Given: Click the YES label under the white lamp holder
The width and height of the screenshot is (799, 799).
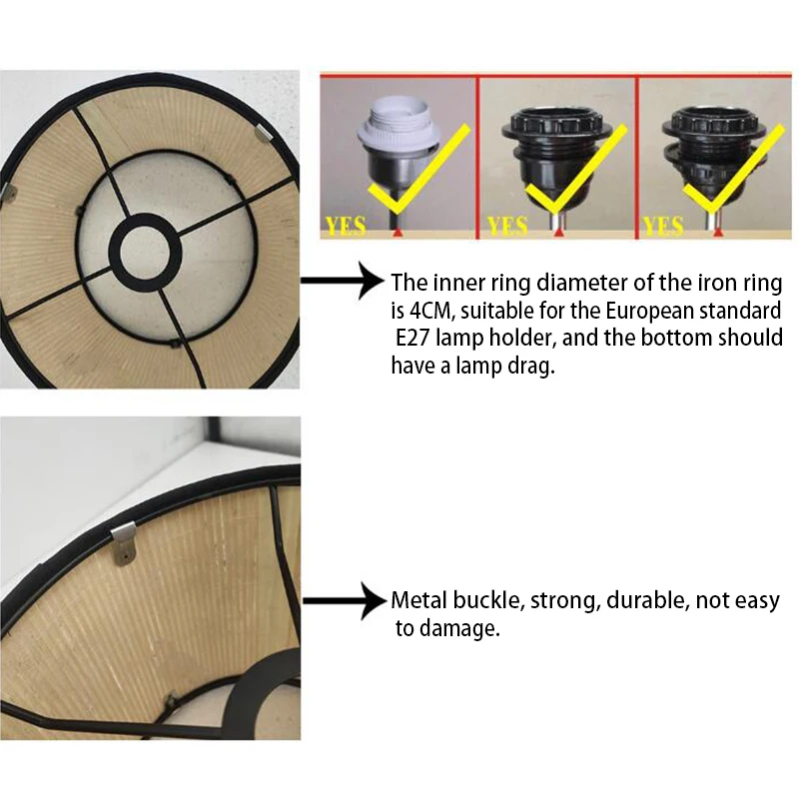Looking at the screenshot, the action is coord(346,227).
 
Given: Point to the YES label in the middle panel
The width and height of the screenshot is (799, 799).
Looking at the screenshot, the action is coord(507,227).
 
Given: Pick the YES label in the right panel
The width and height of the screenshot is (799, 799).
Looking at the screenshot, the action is coord(662,227).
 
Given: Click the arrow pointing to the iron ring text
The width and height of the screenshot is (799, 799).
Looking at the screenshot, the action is coord(344,281).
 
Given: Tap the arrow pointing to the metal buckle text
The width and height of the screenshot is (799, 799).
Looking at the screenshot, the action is coord(345,601).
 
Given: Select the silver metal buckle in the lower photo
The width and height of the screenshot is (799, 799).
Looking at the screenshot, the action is coord(124,542).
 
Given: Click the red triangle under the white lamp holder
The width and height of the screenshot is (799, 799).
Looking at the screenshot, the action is coord(398,232).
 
